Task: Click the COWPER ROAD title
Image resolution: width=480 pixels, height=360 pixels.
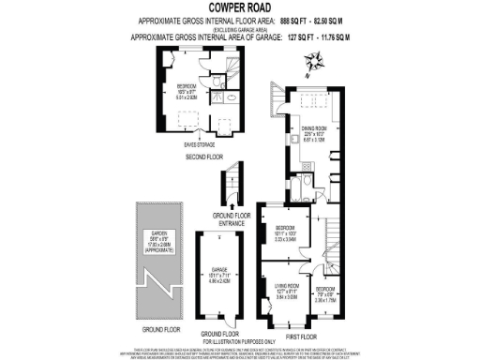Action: (240, 7)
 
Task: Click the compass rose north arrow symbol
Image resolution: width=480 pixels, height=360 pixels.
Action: (315, 62)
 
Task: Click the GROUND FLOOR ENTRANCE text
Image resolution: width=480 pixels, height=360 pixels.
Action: (229, 220)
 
